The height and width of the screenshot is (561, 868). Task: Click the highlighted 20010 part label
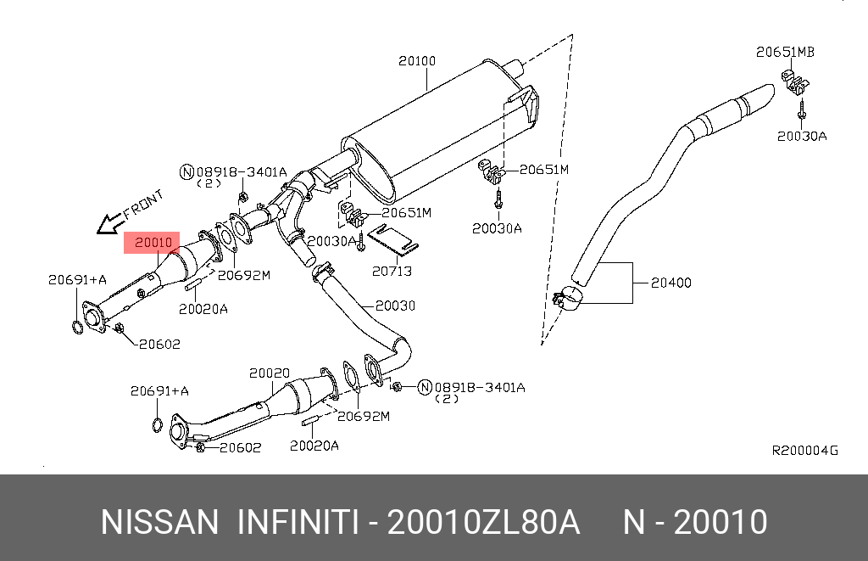153,243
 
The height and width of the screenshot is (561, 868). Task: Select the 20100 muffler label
417,61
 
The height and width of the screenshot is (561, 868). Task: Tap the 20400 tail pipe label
670,282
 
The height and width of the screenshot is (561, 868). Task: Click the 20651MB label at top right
785,53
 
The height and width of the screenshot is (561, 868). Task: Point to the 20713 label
392,271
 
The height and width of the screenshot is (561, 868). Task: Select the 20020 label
270,373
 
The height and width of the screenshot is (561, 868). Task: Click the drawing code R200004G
804,451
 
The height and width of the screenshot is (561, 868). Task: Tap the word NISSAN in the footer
159,522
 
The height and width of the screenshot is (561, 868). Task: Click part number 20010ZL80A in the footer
483,522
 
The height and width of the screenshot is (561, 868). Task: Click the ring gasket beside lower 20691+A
157,424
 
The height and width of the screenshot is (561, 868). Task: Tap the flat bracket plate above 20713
396,239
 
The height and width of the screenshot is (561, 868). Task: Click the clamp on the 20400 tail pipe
566,299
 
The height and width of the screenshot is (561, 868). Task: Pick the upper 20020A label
203,309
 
